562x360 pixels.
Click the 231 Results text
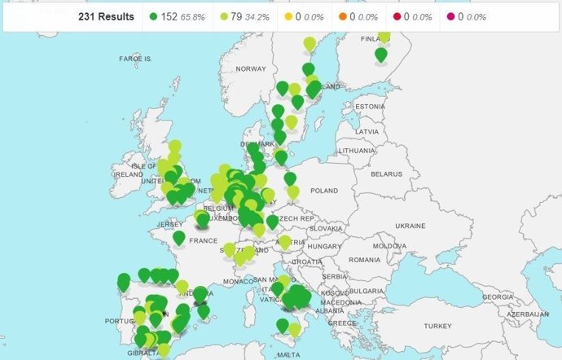click(106, 16)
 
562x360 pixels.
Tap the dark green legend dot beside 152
click(155, 16)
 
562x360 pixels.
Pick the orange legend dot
click(343, 16)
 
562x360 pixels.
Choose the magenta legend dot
click(450, 16)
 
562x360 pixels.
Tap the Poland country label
click(323, 190)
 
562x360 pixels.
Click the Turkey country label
click(437, 326)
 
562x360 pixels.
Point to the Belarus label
click(388, 173)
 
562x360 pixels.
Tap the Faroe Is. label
click(136, 59)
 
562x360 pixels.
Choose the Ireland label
click(130, 173)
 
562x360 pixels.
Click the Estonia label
click(369, 107)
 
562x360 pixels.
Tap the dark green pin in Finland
click(381, 55)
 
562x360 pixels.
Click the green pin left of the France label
click(178, 237)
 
